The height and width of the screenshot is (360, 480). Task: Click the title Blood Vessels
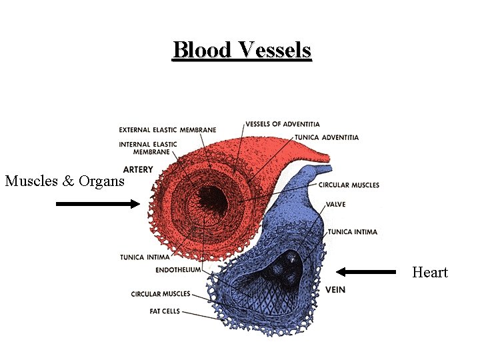click(x=242, y=50)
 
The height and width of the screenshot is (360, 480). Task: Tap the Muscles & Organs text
click(x=65, y=181)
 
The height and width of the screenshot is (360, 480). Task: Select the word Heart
click(x=430, y=272)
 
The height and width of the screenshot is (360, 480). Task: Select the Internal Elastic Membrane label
click(x=148, y=148)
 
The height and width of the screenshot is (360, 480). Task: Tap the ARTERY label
click(x=138, y=169)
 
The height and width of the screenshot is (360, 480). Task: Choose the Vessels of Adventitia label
click(x=282, y=124)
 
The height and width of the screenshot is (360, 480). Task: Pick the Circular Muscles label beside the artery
click(x=349, y=185)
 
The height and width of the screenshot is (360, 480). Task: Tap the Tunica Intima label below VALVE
click(x=353, y=232)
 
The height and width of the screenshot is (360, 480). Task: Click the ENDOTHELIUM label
click(x=178, y=270)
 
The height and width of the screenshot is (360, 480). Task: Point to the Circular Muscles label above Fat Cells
click(x=161, y=293)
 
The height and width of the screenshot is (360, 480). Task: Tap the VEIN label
click(x=335, y=290)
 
